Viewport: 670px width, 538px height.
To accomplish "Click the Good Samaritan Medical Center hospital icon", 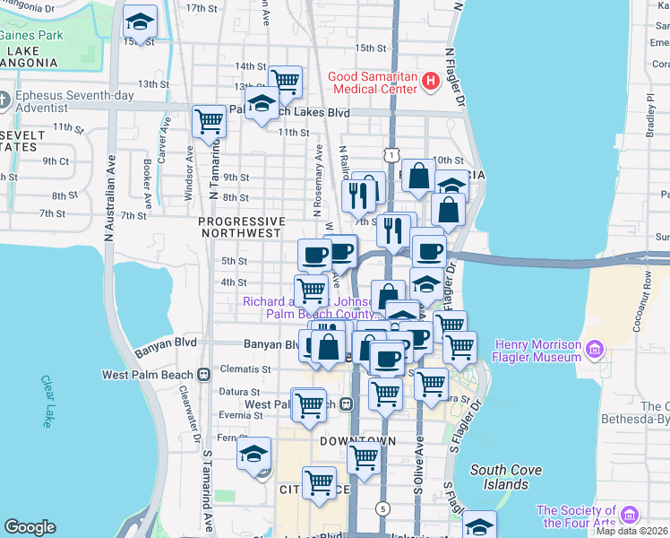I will pyautogui.click(x=430, y=82).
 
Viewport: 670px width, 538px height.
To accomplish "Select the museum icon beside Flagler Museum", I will pyautogui.click(x=602, y=348).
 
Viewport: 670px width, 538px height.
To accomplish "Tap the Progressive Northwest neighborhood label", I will pyautogui.click(x=241, y=227).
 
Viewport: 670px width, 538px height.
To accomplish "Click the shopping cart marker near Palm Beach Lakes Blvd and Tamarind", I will pyautogui.click(x=209, y=121).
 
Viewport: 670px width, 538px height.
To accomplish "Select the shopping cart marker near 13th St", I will pyautogui.click(x=285, y=82).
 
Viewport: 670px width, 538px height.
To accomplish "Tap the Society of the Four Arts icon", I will pyautogui.click(x=629, y=515).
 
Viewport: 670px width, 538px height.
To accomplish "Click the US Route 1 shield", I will pyautogui.click(x=392, y=155).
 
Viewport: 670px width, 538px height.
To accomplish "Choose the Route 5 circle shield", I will pyautogui.click(x=383, y=508).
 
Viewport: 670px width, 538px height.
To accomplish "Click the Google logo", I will pyautogui.click(x=30, y=527).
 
